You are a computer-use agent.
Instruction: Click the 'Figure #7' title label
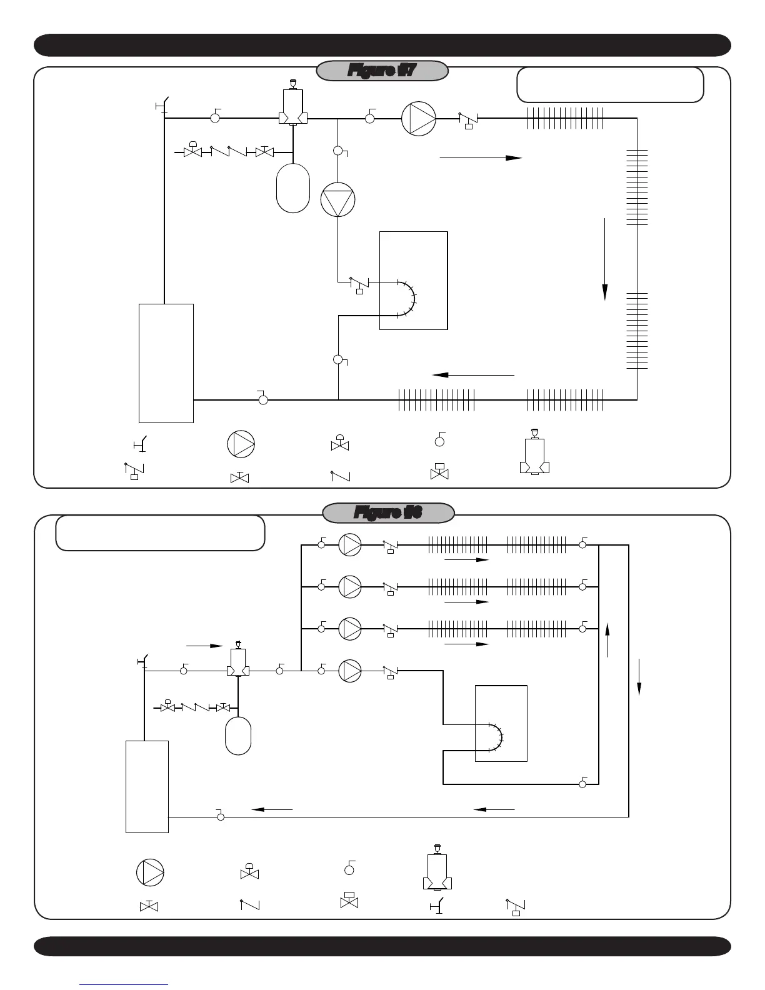[x=382, y=71]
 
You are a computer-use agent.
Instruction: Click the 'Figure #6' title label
[x=387, y=513]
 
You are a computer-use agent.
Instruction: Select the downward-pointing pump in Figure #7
[x=337, y=200]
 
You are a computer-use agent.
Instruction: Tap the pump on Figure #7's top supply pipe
[x=418, y=117]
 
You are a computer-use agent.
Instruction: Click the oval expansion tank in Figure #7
[x=292, y=187]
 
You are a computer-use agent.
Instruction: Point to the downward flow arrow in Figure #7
[x=605, y=259]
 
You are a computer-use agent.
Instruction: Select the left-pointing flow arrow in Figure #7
[x=472, y=375]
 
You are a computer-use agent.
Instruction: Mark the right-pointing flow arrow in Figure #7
[x=481, y=158]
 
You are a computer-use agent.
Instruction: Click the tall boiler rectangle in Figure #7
[x=166, y=363]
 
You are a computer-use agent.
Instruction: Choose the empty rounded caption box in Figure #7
[x=610, y=84]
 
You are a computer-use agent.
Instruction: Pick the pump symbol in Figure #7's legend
[x=241, y=444]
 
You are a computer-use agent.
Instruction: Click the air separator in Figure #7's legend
[x=534, y=452]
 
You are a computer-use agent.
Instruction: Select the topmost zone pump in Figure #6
[x=350, y=545]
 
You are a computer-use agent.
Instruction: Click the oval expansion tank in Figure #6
[x=238, y=736]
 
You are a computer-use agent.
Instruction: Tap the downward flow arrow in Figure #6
[x=639, y=676]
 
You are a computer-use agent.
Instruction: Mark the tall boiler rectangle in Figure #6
[x=147, y=786]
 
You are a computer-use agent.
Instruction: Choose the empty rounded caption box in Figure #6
[x=160, y=532]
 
